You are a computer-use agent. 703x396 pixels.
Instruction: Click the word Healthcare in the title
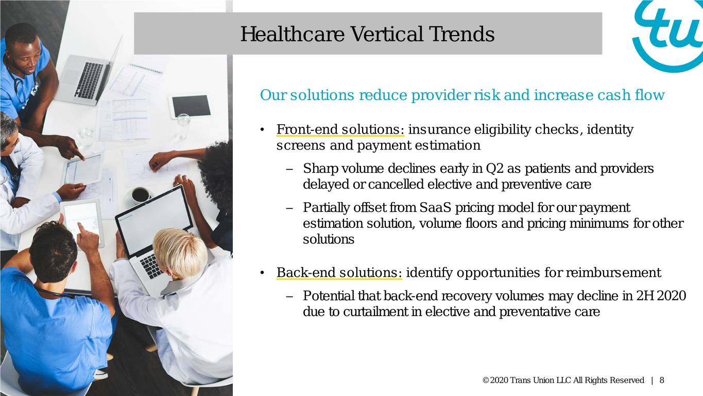(292, 34)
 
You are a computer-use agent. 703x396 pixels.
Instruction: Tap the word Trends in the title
(461, 34)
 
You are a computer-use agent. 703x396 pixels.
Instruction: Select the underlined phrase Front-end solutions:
(340, 129)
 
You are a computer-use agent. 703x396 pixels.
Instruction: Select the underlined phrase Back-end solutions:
(339, 272)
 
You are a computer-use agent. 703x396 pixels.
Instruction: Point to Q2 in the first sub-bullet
(494, 169)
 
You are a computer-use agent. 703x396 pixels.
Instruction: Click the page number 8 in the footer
(662, 381)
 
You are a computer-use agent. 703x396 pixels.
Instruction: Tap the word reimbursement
(613, 272)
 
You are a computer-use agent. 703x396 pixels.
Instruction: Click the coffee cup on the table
(140, 195)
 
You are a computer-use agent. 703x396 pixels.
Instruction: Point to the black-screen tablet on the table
(191, 106)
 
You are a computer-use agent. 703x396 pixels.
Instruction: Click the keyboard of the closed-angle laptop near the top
(90, 80)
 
